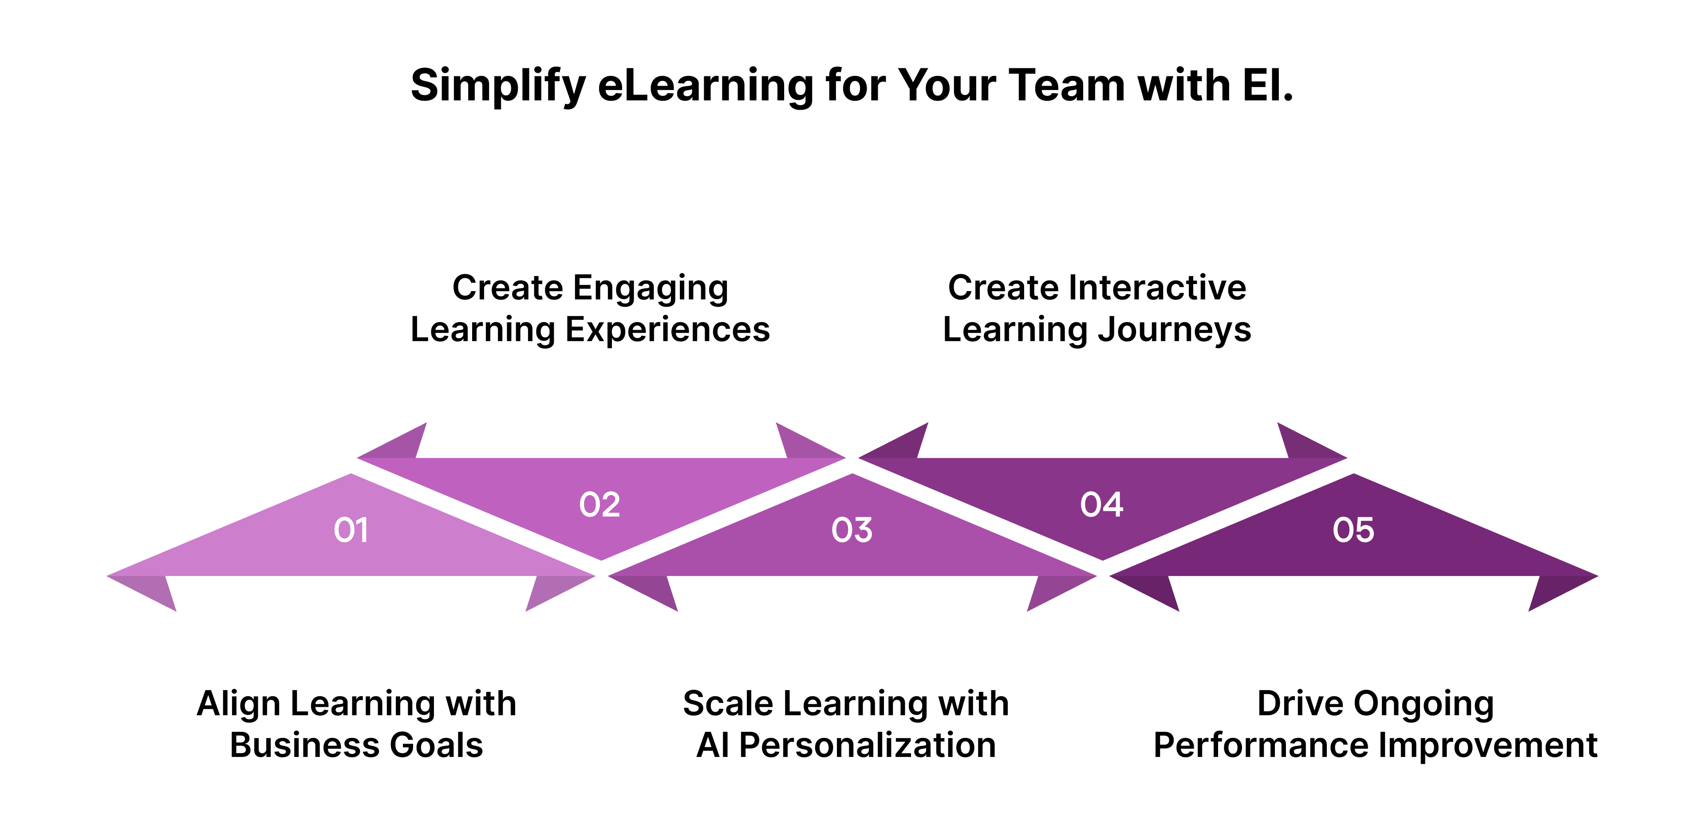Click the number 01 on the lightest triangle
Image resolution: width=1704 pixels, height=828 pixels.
click(x=351, y=530)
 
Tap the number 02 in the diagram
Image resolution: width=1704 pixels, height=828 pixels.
click(x=600, y=505)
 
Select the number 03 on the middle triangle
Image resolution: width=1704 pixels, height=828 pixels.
click(x=852, y=530)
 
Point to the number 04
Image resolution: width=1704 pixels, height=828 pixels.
click(x=1101, y=505)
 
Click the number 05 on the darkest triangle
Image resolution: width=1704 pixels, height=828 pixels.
click(x=1353, y=530)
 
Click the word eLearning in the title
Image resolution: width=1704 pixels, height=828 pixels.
click(x=705, y=86)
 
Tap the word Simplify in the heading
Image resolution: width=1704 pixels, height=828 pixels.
click(x=498, y=86)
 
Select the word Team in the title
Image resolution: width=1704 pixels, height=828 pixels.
click(x=1065, y=86)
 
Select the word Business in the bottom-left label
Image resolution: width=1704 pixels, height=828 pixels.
click(x=304, y=745)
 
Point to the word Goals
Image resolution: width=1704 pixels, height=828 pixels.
click(x=437, y=745)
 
